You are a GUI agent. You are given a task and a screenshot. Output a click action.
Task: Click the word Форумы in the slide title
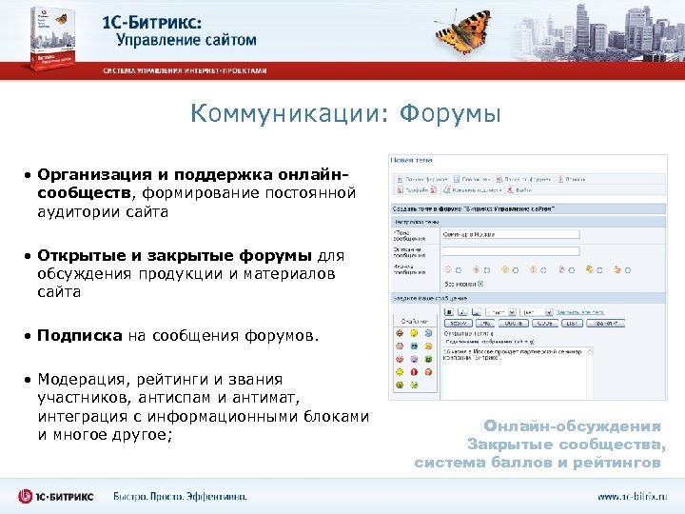(450, 114)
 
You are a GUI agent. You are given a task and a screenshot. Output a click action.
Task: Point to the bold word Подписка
(81, 336)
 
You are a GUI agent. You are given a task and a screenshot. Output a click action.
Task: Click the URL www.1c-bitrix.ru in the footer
(633, 497)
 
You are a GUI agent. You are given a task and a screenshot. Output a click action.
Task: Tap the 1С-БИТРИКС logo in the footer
(57, 496)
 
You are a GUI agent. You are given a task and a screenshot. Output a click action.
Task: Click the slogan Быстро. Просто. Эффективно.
(180, 497)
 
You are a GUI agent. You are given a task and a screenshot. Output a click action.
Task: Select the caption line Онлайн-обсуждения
(572, 426)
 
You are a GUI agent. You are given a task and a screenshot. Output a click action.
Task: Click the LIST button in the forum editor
(572, 324)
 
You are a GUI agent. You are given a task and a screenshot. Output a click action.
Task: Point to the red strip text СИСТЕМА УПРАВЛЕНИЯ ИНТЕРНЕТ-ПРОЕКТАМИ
(186, 70)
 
